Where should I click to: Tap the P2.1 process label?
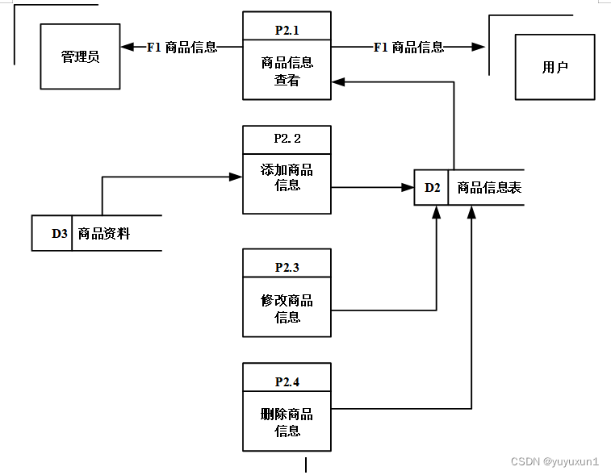click(x=287, y=31)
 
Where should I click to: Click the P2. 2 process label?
click(x=287, y=139)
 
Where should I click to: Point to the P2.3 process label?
click(x=287, y=268)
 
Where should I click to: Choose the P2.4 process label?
click(x=287, y=382)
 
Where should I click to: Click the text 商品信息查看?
click(x=287, y=71)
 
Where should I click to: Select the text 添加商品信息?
click(x=287, y=177)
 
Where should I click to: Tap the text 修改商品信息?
click(x=287, y=309)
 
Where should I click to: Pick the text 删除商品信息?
click(x=287, y=423)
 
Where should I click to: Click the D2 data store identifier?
click(x=432, y=188)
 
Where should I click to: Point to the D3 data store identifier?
click(x=60, y=233)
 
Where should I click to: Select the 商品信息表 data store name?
click(x=489, y=188)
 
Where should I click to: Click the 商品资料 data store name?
click(x=104, y=234)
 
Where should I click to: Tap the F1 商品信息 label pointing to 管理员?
click(x=182, y=47)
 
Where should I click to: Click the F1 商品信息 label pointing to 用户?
click(x=408, y=47)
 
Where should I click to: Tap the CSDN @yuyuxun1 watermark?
click(x=555, y=461)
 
